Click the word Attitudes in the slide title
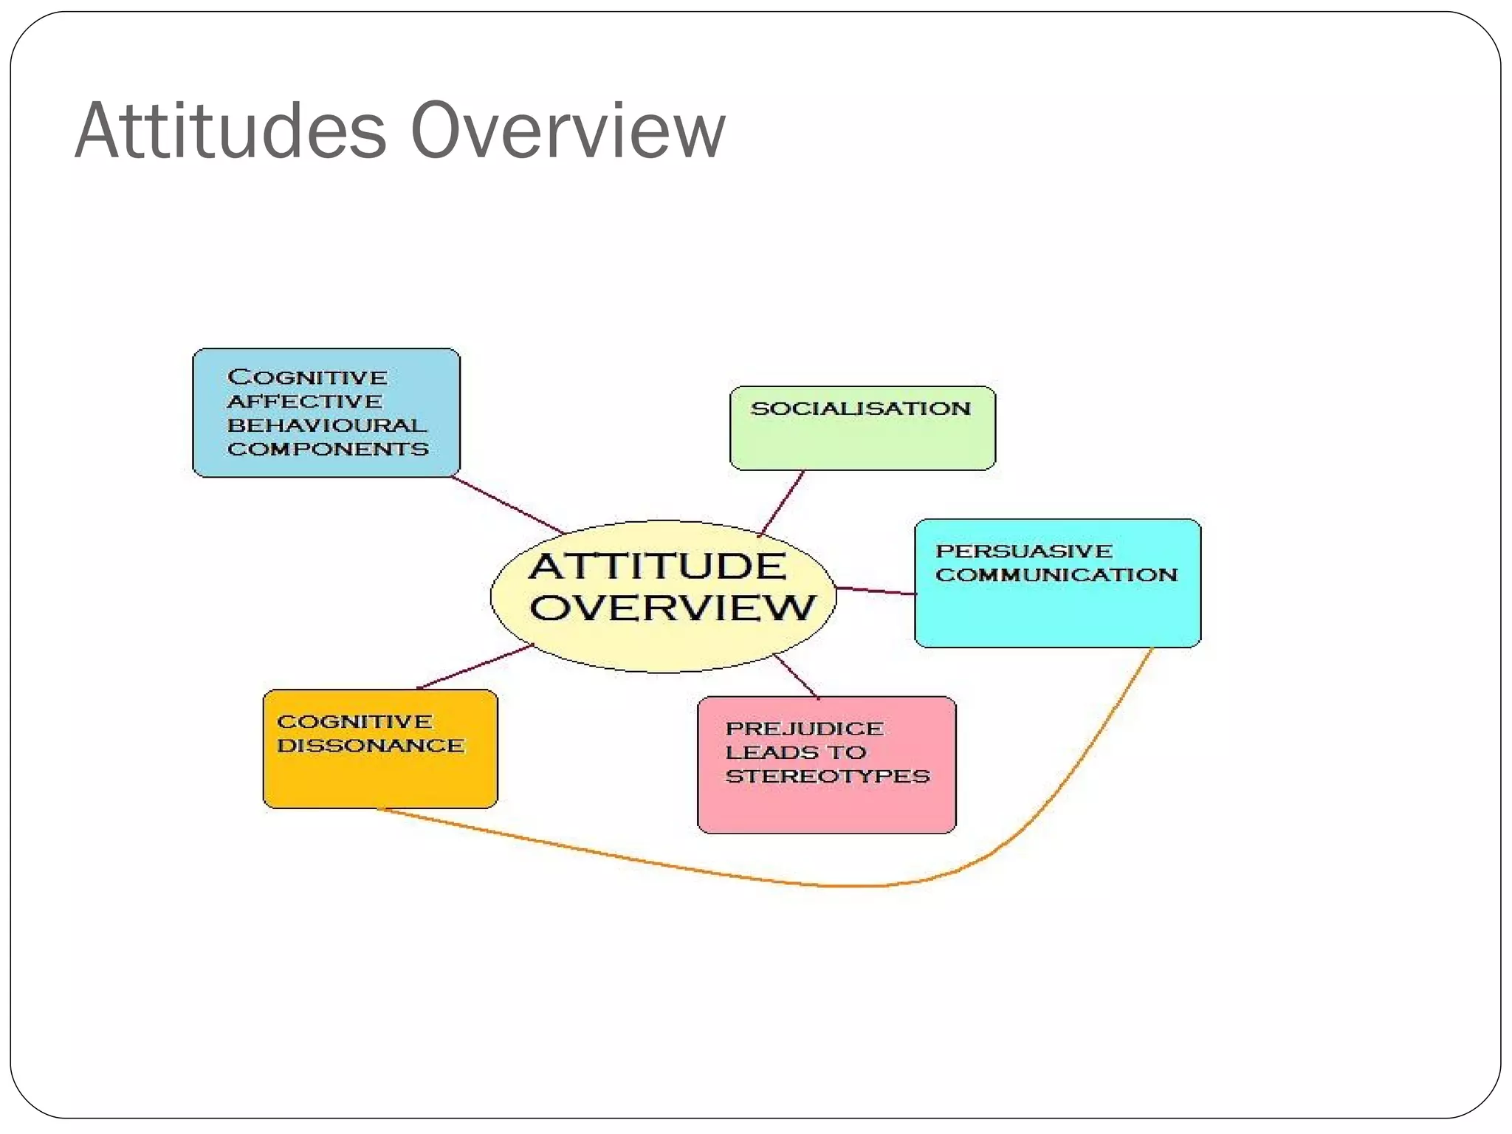coord(230,131)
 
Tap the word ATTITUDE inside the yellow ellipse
coord(658,567)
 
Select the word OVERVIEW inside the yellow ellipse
coord(672,608)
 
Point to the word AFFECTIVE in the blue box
coord(305,402)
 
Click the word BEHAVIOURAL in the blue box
coord(327,426)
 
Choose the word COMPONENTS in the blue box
coord(328,450)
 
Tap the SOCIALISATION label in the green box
coord(861,409)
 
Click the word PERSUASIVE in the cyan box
coord(1024,551)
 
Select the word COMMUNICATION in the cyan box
coord(1056,575)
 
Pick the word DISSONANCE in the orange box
coord(371,746)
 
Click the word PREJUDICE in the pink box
coord(804,729)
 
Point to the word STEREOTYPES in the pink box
coord(828,777)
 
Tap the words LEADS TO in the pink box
coord(795,752)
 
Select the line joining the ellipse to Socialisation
coord(782,504)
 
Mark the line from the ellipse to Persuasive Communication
coord(876,591)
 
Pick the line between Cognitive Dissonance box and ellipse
coord(475,667)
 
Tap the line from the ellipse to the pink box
coord(796,676)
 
